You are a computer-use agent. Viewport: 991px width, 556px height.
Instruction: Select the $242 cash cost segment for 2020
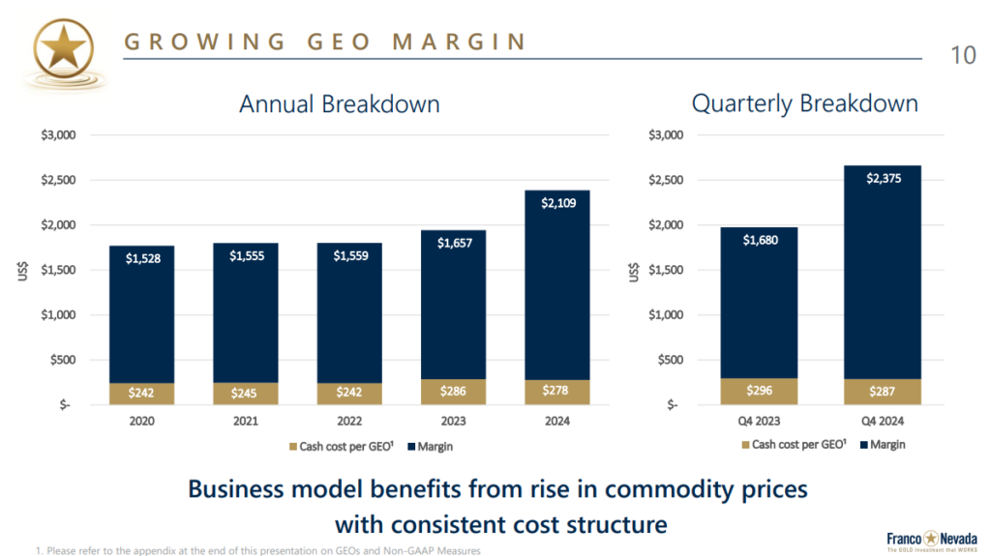(141, 394)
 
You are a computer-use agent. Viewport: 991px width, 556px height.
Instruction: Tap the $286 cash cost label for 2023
(453, 393)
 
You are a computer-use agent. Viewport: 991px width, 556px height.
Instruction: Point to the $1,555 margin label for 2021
(245, 256)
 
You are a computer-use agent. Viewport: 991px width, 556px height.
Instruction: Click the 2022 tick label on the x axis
(349, 422)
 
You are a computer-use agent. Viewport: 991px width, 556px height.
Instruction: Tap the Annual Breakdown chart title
(339, 103)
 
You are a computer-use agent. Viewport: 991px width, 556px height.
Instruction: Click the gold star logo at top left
(63, 45)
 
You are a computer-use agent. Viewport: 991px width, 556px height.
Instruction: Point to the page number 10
(963, 55)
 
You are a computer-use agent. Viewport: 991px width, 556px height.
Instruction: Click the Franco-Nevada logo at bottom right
(926, 540)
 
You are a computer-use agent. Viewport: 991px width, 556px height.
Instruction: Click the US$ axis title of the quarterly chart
(635, 270)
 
